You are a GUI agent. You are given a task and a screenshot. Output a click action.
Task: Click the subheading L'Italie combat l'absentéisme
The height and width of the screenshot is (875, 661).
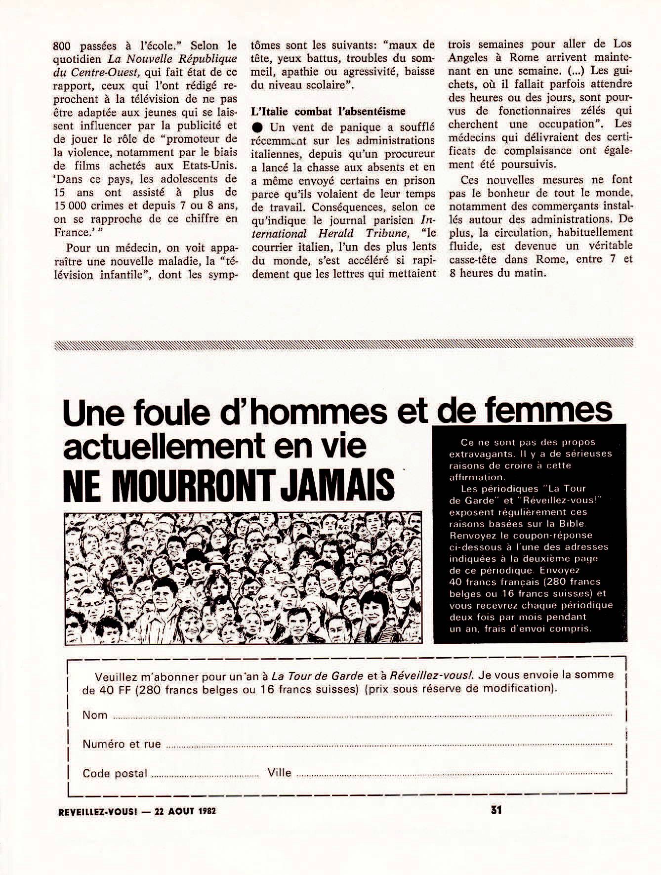pos(328,111)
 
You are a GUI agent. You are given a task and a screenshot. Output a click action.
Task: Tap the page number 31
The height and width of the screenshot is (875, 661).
pos(496,810)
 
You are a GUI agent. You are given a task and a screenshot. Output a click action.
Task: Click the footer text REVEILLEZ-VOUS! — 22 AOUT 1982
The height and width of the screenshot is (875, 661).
pos(137,811)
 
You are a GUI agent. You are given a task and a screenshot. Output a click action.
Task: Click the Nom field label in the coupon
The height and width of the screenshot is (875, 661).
pos(95,715)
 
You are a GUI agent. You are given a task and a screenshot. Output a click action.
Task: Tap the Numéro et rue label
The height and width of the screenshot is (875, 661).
pos(122,744)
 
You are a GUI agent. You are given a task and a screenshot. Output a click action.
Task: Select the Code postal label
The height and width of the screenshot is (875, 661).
pos(115,773)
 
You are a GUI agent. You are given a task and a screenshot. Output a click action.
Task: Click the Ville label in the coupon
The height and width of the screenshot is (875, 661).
pos(279,772)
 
